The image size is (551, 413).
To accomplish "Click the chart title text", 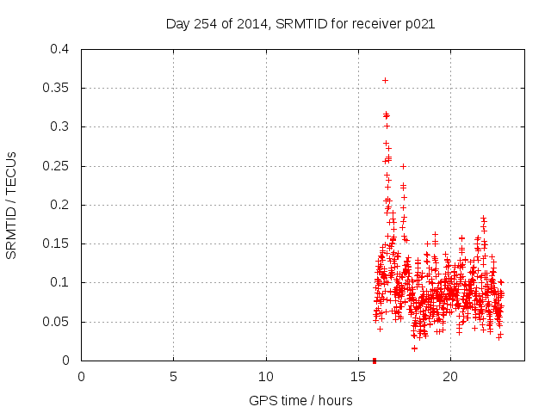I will [x=300, y=24].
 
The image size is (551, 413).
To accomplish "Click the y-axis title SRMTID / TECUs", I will [x=12, y=205].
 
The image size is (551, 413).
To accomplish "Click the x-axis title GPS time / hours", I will [x=300, y=400].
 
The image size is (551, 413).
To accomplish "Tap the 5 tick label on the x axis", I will [x=174, y=376].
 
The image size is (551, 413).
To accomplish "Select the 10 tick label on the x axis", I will [x=266, y=376].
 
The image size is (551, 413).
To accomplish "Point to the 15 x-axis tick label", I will [x=358, y=376].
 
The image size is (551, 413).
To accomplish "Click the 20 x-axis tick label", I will [x=450, y=376].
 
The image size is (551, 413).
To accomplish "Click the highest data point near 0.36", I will [x=385, y=80].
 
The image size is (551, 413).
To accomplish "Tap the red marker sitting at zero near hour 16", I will [x=375, y=361].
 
